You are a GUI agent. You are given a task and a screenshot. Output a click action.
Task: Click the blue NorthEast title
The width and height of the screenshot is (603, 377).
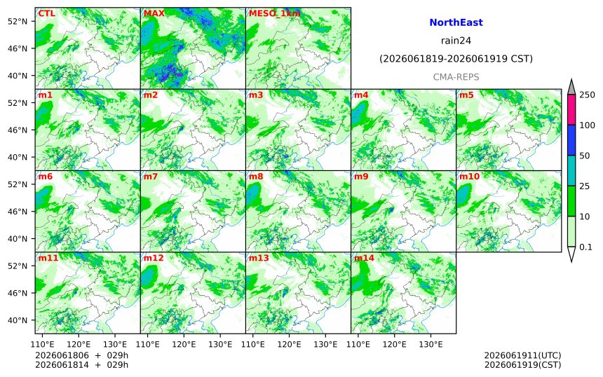click(x=456, y=22)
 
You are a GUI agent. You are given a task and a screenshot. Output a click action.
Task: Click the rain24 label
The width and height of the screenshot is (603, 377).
click(x=456, y=41)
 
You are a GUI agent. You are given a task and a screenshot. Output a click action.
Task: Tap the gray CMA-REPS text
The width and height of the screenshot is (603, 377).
click(x=456, y=77)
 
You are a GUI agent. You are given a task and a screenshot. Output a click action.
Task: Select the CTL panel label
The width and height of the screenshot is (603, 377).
click(x=46, y=13)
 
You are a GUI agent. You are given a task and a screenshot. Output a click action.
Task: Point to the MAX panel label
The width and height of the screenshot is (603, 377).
click(x=154, y=13)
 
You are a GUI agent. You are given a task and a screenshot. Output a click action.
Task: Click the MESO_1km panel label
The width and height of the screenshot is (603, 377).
click(x=275, y=13)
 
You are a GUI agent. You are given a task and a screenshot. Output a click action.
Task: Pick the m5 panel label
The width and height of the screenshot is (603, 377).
click(x=466, y=95)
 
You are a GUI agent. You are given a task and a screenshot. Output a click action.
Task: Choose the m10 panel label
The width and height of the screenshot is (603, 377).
click(x=470, y=177)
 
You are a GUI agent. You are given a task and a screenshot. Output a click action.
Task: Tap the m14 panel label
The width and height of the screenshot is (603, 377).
click(x=364, y=258)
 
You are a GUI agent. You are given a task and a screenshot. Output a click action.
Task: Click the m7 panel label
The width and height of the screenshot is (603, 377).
click(x=150, y=177)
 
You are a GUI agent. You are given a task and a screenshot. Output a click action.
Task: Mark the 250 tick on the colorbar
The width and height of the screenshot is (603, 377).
click(x=587, y=95)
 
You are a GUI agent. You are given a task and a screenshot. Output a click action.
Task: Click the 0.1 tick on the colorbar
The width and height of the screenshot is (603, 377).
click(x=585, y=247)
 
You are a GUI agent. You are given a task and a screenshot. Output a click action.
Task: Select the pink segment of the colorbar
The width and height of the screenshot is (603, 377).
click(x=571, y=109)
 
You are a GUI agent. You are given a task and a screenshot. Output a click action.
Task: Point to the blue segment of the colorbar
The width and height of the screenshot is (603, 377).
click(x=571, y=140)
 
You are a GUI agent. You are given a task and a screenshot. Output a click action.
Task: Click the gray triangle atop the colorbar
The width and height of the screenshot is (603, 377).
click(x=571, y=88)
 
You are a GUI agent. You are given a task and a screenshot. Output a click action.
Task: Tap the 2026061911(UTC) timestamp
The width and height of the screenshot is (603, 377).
click(x=522, y=355)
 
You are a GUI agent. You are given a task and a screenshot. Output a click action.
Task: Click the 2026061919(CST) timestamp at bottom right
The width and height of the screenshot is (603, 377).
click(x=522, y=364)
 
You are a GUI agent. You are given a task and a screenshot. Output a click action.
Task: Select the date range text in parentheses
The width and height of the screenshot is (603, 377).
click(x=456, y=59)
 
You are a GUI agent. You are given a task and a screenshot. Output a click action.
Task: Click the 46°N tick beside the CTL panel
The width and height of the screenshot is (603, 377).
click(x=18, y=48)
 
